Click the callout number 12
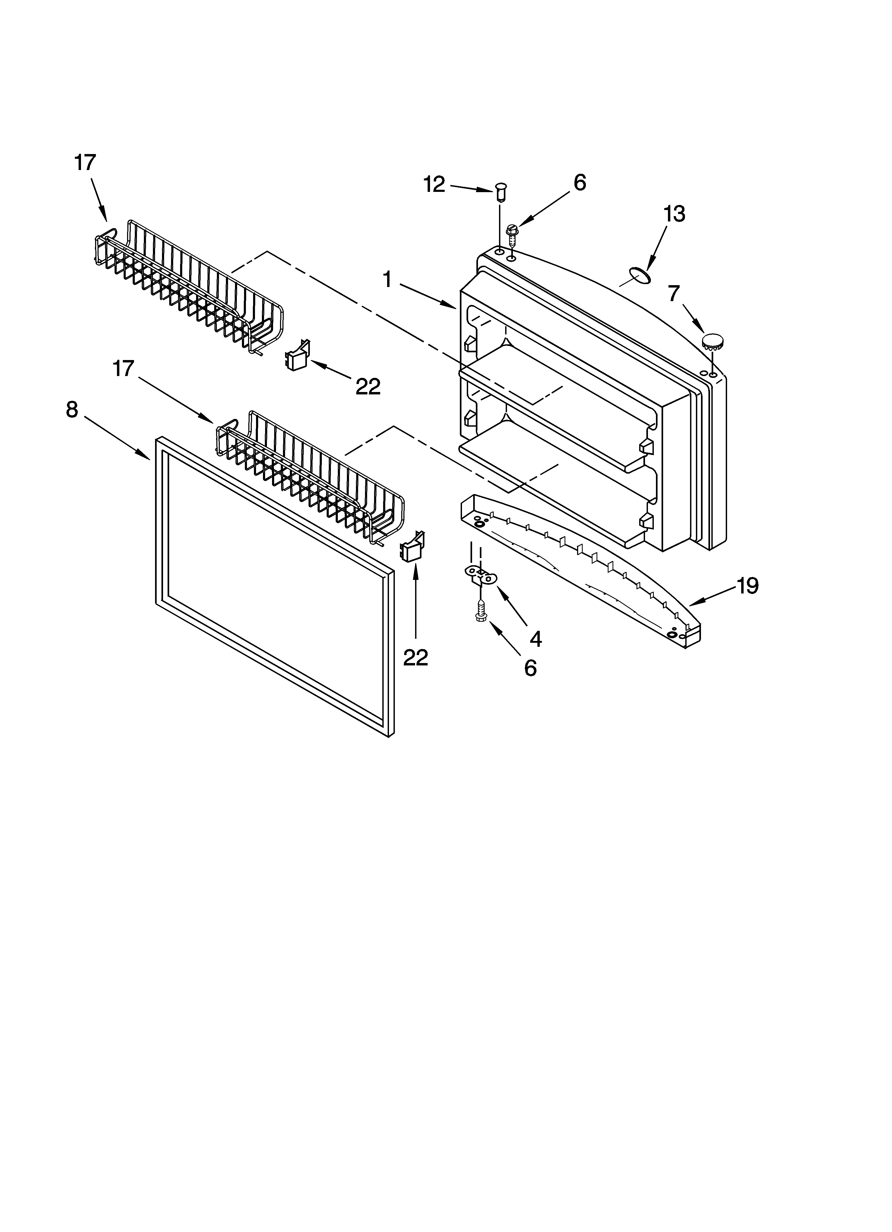[434, 185]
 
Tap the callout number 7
[674, 294]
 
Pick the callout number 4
[536, 639]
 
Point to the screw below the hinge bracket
[480, 611]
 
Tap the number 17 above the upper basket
[85, 163]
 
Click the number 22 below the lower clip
[416, 658]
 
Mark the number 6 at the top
[580, 183]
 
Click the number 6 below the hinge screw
[530, 668]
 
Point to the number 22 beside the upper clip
[368, 387]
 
